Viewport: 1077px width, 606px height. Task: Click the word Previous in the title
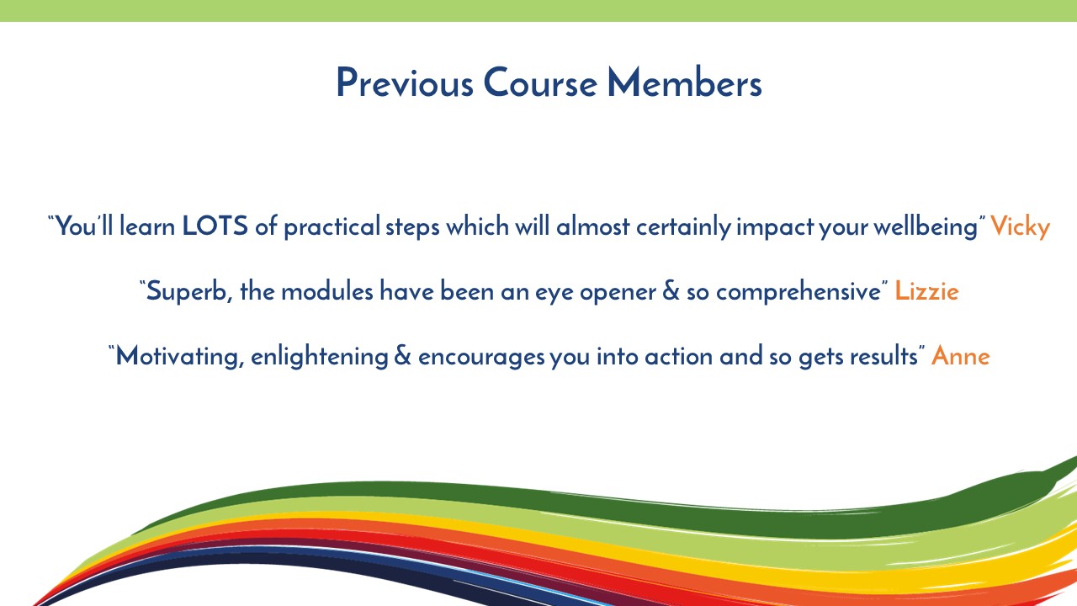(x=405, y=82)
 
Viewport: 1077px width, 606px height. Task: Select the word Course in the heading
(x=540, y=82)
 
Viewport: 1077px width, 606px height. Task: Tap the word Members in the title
(x=685, y=82)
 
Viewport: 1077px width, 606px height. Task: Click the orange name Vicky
(x=1020, y=227)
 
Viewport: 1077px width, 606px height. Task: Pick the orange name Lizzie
(x=926, y=290)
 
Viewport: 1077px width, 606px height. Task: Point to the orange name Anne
(x=961, y=356)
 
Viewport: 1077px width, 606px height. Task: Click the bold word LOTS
(x=215, y=226)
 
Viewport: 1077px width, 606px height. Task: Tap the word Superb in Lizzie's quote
(x=186, y=291)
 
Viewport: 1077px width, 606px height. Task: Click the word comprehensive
(x=798, y=292)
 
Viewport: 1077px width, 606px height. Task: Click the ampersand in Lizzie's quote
(x=671, y=291)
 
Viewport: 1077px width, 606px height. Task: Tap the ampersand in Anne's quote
(x=402, y=356)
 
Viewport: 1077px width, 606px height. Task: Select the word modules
(x=327, y=291)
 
